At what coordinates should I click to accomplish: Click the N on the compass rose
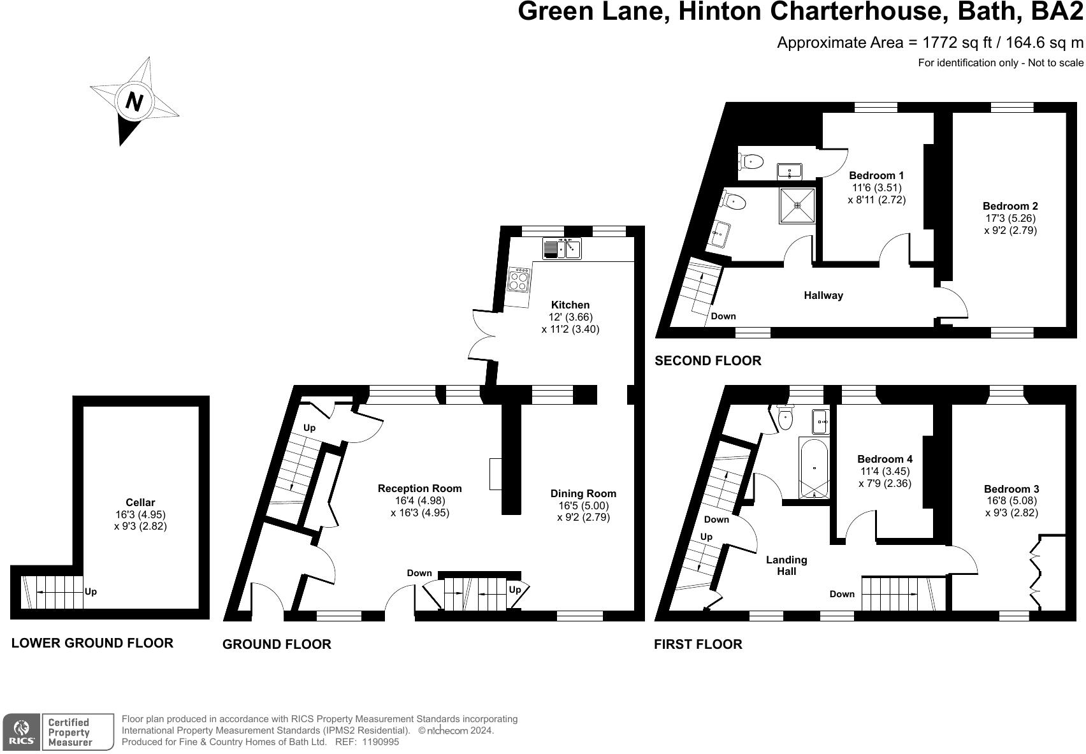133,101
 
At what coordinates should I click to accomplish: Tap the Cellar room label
140,502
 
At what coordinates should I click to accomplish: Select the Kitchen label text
570,305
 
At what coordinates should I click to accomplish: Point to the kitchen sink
563,248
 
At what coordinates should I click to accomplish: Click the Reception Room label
419,488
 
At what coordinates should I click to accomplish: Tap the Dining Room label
583,493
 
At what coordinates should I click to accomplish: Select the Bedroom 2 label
1010,206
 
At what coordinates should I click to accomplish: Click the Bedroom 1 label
876,175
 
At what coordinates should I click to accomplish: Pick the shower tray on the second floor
797,205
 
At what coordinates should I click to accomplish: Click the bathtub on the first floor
814,468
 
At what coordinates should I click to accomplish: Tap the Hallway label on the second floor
823,295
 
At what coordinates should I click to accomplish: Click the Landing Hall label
786,565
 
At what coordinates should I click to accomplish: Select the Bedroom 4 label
885,459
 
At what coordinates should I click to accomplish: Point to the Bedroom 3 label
1011,489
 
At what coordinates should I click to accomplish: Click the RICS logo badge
22,732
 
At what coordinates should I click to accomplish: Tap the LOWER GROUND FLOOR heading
92,642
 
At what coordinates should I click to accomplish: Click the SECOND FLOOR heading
708,361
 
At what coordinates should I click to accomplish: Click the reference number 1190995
380,742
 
